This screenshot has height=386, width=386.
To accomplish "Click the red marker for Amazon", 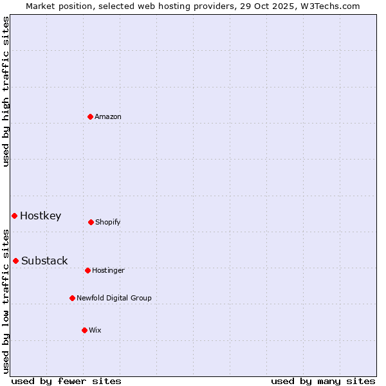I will [91, 116].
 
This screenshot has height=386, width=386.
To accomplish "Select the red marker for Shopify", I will [91, 222].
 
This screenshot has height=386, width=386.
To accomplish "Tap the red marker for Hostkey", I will [14, 216].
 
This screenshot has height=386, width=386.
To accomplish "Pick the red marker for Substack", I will [15, 261].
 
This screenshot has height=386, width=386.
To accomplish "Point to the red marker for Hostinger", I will [87, 270].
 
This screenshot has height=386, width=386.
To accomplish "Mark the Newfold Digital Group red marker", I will [72, 298].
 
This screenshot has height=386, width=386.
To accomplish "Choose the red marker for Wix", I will [84, 330].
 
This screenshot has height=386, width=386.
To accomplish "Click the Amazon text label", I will [108, 116].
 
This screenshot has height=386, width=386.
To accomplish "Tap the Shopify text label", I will [108, 222].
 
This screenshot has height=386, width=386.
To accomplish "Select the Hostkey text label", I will [41, 216].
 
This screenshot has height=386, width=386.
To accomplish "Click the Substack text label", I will [44, 261].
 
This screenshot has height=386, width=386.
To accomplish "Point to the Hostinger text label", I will [108, 270].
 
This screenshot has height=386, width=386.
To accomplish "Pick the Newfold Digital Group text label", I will [114, 298].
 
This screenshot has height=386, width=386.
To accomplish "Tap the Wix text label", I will [95, 330].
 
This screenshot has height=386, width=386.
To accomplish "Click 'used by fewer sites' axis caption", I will [66, 381].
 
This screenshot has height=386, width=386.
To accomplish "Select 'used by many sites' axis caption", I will [323, 381].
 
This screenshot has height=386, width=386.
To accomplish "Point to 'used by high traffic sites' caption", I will [6, 91].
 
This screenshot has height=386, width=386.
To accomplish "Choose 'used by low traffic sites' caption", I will [6, 300].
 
